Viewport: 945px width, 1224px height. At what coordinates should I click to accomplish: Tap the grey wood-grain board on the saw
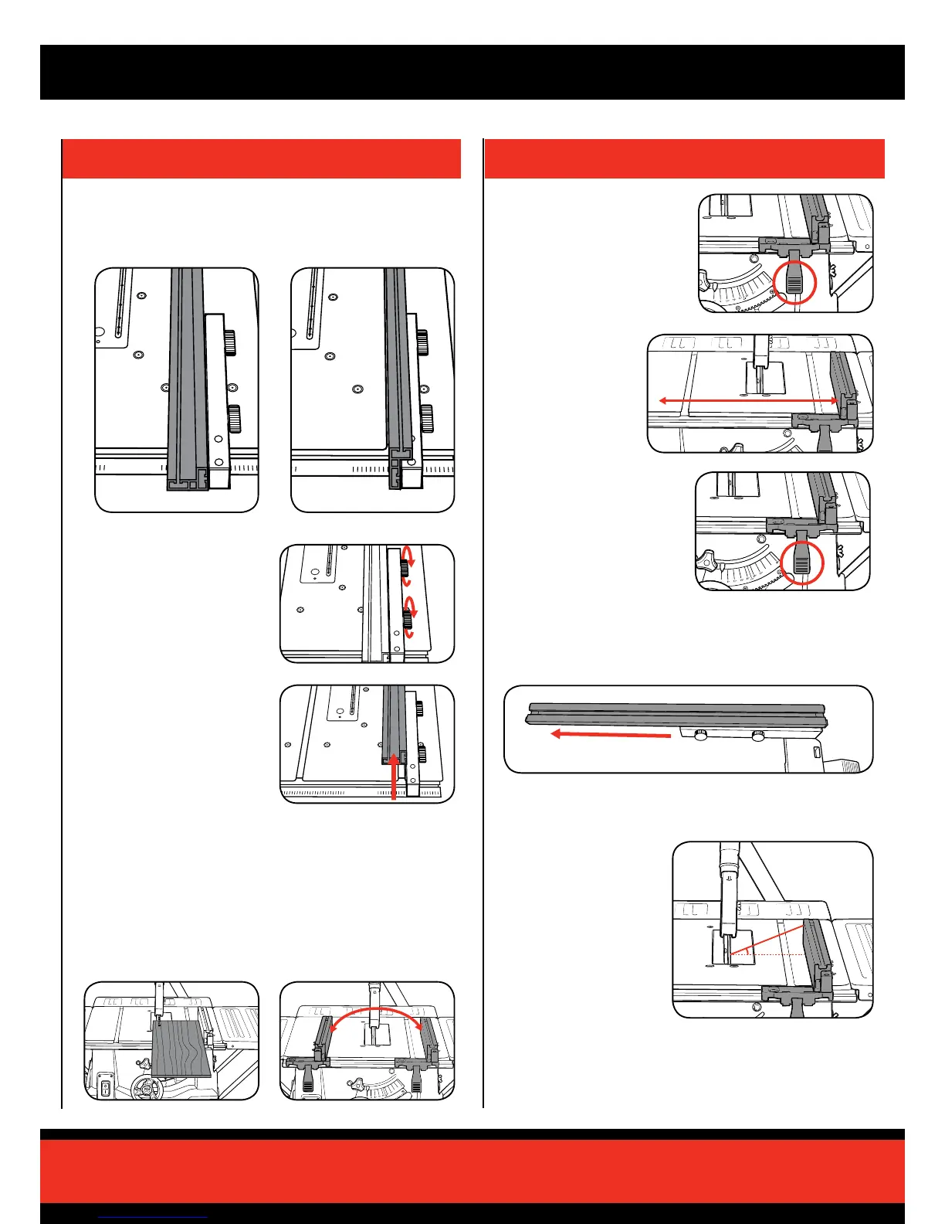181,1048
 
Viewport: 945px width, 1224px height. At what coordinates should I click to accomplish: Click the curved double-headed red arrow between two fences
376,1013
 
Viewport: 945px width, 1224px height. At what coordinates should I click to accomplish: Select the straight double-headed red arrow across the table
748,400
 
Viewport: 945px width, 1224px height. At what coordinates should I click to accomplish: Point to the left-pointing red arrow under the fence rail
610,735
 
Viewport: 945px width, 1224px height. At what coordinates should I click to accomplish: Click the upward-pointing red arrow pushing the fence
395,777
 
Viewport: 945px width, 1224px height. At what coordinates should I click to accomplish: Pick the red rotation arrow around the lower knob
410,617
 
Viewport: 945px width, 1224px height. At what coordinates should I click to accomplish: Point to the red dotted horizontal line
772,956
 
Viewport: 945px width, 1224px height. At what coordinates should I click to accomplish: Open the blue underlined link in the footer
154,1216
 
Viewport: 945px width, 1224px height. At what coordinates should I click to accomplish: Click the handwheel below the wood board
146,1090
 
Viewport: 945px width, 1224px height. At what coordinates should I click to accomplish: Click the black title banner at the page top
472,72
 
